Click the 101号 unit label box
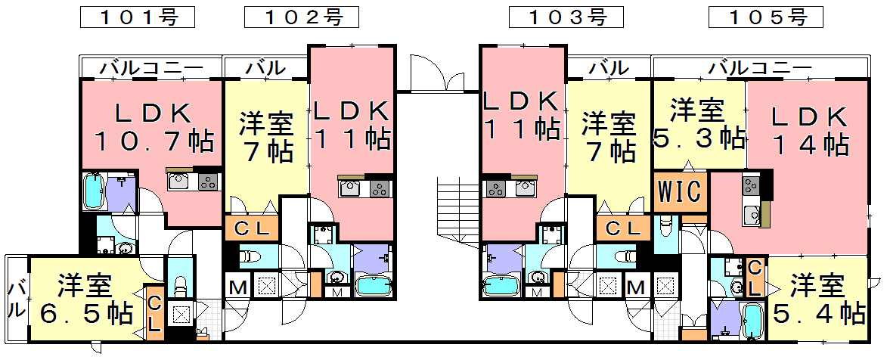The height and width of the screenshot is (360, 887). tap(137, 17)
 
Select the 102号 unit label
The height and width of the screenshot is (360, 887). tap(301, 17)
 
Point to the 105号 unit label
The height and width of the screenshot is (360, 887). tap(765, 17)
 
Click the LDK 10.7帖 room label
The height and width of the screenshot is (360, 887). tap(153, 126)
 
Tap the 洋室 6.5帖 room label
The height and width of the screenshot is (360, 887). tap(85, 299)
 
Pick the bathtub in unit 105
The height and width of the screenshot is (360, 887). tap(752, 321)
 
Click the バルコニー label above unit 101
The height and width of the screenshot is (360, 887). tap(151, 68)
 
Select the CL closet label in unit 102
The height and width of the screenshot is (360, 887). tap(251, 227)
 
